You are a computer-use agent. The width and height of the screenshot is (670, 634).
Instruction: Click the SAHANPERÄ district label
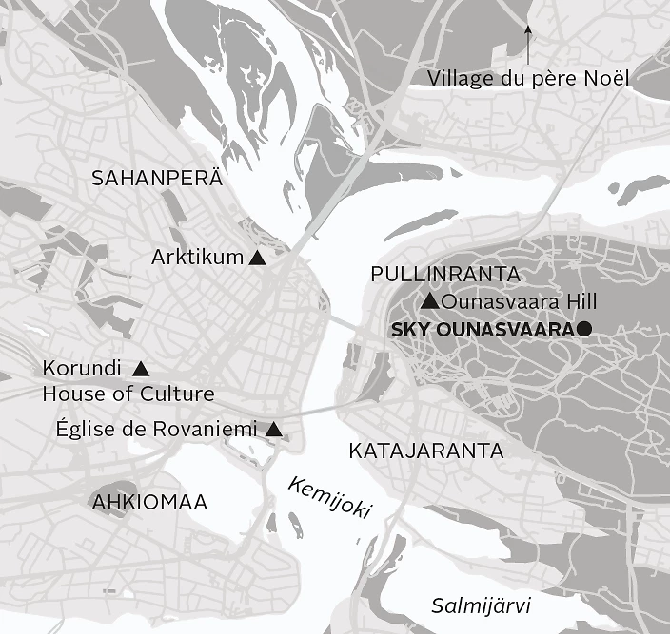(156, 178)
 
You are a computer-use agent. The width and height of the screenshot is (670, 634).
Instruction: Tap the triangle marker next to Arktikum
(256, 258)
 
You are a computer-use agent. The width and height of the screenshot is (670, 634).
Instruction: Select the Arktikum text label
(197, 258)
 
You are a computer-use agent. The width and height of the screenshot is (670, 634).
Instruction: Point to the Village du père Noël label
(528, 78)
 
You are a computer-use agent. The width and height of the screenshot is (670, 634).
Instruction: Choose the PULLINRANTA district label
(445, 275)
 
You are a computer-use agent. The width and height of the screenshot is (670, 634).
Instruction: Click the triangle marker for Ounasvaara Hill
(429, 302)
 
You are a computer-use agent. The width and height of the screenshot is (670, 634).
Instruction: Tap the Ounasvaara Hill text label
(519, 302)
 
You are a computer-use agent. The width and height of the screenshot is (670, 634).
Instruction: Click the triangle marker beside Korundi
(141, 368)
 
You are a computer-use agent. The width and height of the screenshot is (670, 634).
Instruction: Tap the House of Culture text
(128, 394)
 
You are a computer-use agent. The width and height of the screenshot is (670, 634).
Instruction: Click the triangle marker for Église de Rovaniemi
(274, 430)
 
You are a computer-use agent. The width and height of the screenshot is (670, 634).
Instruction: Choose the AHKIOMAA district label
(149, 502)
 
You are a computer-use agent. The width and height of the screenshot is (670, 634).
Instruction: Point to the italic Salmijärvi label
(481, 606)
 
